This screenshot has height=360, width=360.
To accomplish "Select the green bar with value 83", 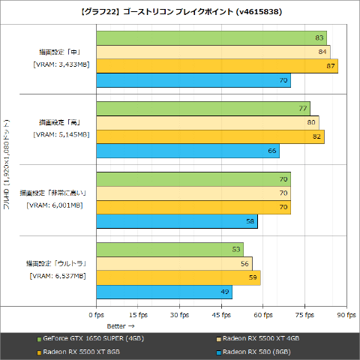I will [211, 37].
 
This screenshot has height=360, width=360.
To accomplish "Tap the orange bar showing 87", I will [217, 66].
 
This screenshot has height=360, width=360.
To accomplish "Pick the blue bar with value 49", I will [163, 292].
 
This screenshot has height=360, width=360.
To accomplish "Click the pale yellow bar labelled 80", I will [207, 122].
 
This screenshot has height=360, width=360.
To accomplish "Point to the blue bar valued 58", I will [176, 221].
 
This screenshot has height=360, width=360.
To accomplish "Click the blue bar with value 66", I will [187, 151].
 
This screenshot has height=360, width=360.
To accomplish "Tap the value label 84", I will [322, 52].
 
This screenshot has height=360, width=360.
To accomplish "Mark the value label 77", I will [303, 108].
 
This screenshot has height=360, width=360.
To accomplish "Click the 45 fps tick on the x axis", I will [221, 315].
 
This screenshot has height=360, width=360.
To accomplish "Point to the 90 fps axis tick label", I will [346, 315].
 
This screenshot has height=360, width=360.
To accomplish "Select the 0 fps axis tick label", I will [96, 315].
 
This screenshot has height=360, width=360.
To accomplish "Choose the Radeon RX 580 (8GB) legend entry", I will [257, 351].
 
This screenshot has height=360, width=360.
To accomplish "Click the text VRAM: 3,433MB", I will [61, 64].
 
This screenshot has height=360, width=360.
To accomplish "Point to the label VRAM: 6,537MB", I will [58, 276].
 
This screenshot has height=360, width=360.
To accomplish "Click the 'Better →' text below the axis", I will [120, 326].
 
